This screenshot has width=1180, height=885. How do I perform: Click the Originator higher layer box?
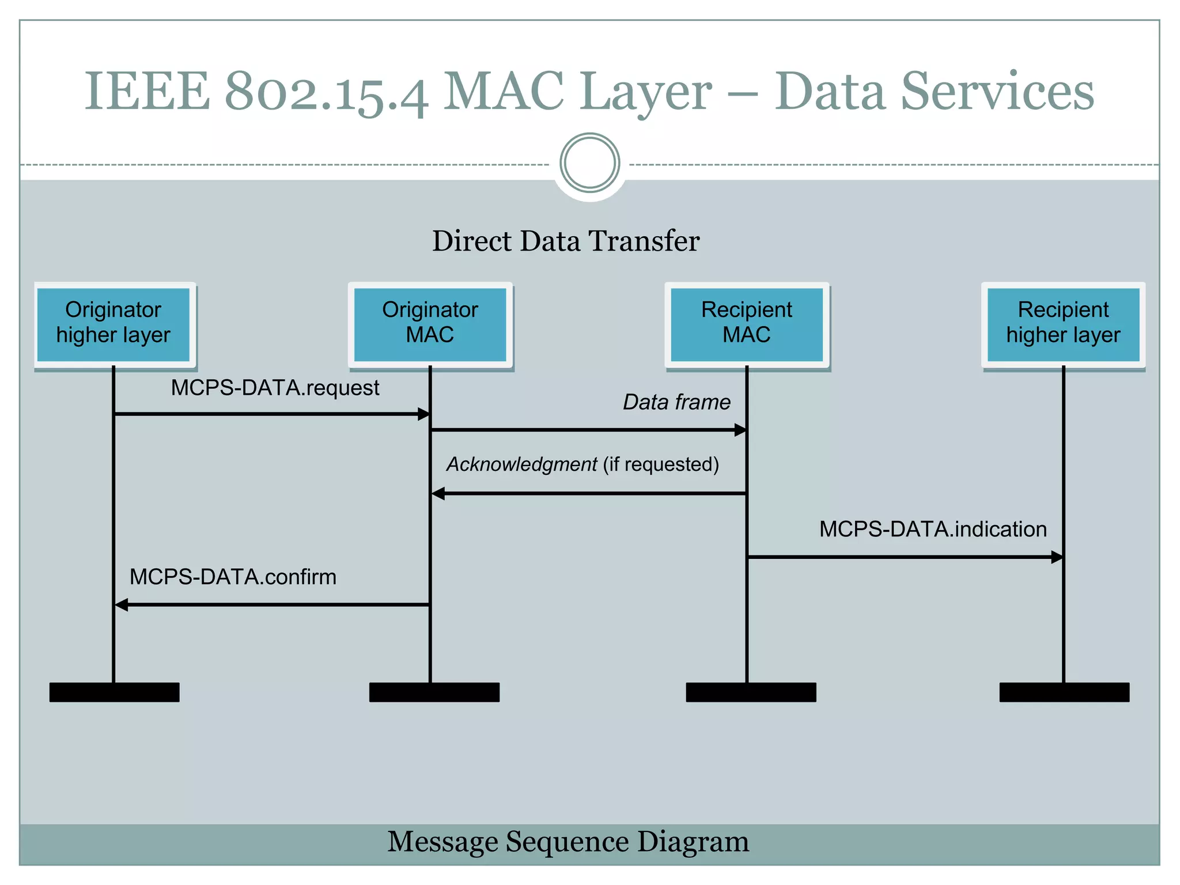tap(114, 324)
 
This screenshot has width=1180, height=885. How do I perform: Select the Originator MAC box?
tap(430, 324)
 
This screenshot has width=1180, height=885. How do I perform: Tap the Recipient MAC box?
tap(747, 324)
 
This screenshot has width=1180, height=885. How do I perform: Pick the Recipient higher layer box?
tap(1063, 324)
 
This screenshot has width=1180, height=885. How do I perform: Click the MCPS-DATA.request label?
tap(275, 388)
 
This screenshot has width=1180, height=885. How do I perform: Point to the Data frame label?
tap(676, 402)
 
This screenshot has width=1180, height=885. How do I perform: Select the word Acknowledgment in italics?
tap(522, 464)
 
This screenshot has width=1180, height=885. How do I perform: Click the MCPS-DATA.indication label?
tap(933, 529)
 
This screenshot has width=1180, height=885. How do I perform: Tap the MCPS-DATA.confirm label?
tap(233, 577)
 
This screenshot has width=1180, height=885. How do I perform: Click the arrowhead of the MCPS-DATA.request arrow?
tap(423, 414)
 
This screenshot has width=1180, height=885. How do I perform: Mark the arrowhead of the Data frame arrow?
tap(740, 430)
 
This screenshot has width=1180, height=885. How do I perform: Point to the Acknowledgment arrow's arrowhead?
tap(438, 493)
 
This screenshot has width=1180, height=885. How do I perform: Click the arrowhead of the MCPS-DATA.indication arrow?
tap(1057, 557)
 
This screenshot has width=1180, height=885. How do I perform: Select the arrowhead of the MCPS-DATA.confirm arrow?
tap(122, 604)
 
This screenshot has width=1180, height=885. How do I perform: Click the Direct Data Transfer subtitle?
tap(566, 241)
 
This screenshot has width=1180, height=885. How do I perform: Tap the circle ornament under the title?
tap(589, 162)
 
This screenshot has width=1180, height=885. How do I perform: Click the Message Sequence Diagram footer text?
tap(568, 842)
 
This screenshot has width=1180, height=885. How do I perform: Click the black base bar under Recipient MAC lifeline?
tap(751, 692)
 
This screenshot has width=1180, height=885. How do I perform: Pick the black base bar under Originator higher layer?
tap(114, 692)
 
